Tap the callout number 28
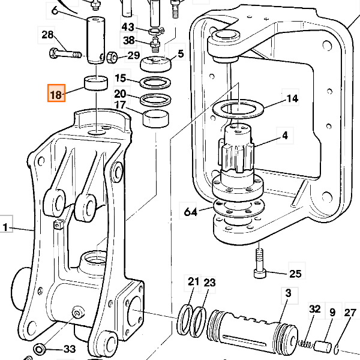[47, 35]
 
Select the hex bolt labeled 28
[65, 54]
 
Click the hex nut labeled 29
[113, 57]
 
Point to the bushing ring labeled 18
[96, 83]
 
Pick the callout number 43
[128, 27]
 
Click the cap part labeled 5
[156, 64]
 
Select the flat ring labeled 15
[155, 83]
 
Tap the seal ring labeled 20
[155, 100]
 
